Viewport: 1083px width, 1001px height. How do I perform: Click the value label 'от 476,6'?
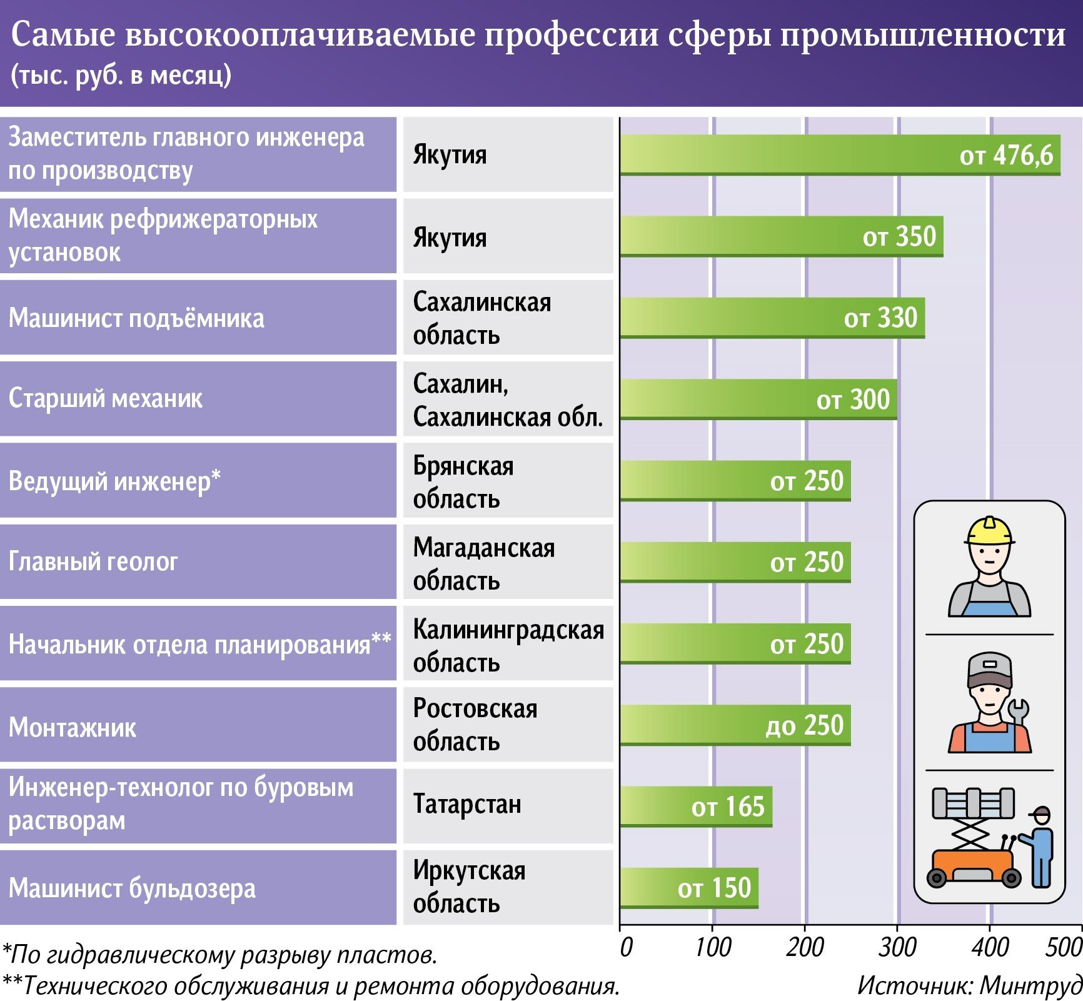coord(1005,155)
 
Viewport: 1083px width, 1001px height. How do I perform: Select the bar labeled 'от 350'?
coord(782,236)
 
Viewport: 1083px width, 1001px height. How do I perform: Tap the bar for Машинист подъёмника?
coord(772,318)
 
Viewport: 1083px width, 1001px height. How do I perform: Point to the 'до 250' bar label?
coord(804,725)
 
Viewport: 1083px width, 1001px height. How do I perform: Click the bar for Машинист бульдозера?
coord(688,888)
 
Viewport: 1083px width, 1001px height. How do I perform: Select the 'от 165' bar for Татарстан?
coord(696,807)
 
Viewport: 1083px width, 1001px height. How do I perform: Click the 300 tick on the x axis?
coord(897,948)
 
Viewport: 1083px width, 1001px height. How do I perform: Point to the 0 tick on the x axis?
coord(626,948)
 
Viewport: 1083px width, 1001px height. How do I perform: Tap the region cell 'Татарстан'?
coord(467,805)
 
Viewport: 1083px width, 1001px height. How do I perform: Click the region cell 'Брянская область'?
coord(463,482)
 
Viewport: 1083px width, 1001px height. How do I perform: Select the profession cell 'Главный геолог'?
coord(94,562)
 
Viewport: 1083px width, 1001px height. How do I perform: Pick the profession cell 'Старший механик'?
coord(106,399)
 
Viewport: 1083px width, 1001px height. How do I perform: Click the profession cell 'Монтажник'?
coord(73,728)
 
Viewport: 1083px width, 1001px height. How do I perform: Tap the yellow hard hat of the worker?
coord(989,531)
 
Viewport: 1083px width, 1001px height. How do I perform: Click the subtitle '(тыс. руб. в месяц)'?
coord(121,75)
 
